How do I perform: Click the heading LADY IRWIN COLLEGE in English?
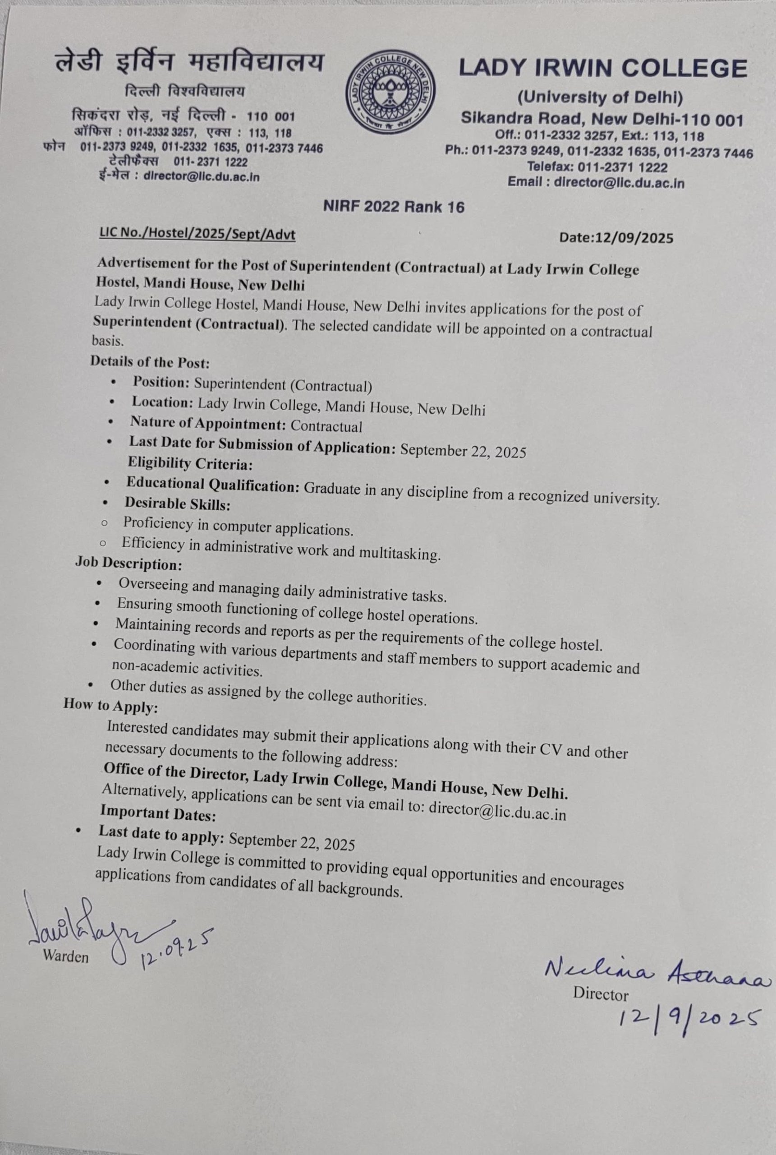(602, 68)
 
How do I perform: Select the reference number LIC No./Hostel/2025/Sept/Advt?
(197, 234)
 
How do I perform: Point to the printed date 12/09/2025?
(616, 238)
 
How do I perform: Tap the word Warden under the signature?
(65, 956)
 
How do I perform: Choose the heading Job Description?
(129, 564)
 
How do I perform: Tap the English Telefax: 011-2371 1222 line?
(597, 167)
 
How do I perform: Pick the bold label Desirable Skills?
(177, 504)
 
